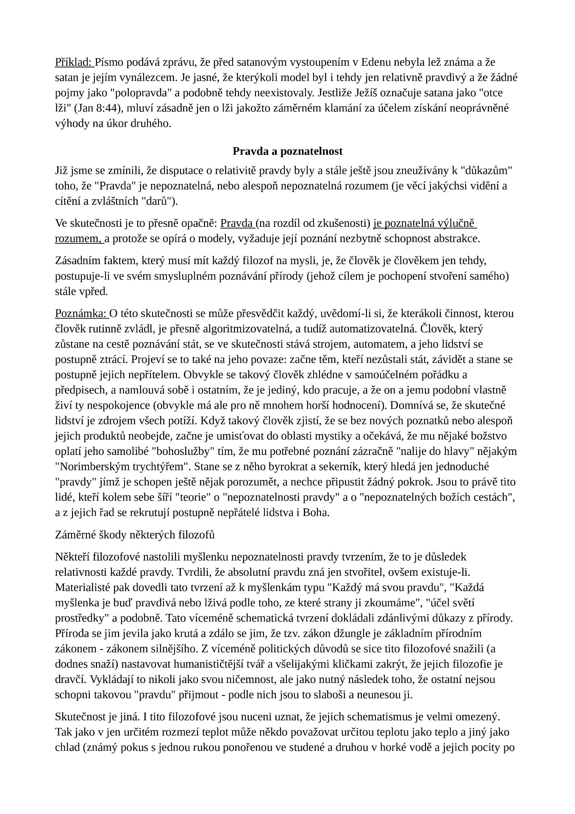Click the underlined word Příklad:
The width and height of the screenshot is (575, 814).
tap(74, 63)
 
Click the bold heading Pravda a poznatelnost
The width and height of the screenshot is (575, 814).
tap(287, 151)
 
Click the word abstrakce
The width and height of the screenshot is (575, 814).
tap(458, 239)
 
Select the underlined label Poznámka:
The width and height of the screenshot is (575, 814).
tap(81, 314)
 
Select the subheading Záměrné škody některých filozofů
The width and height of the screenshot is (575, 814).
tap(135, 535)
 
